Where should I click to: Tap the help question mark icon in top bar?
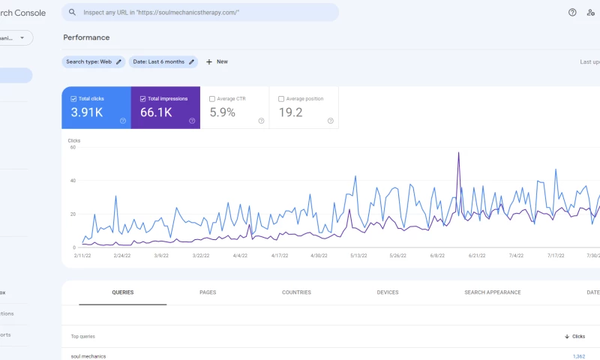[572, 13]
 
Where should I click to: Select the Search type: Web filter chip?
[94, 61]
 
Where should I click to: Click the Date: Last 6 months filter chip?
[163, 61]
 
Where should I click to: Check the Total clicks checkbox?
[73, 99]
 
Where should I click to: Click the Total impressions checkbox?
[142, 99]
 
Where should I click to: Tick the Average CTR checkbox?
[212, 99]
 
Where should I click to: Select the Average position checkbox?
[281, 99]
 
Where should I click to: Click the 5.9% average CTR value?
[222, 112]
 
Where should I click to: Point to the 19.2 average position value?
[290, 112]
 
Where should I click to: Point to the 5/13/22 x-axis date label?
[358, 256]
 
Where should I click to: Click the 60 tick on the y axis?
[73, 147]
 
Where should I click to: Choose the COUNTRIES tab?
[296, 292]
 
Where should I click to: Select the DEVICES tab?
[388, 292]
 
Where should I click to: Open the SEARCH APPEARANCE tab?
[492, 292]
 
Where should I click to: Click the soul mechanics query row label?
[88, 356]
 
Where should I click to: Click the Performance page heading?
[86, 37]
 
